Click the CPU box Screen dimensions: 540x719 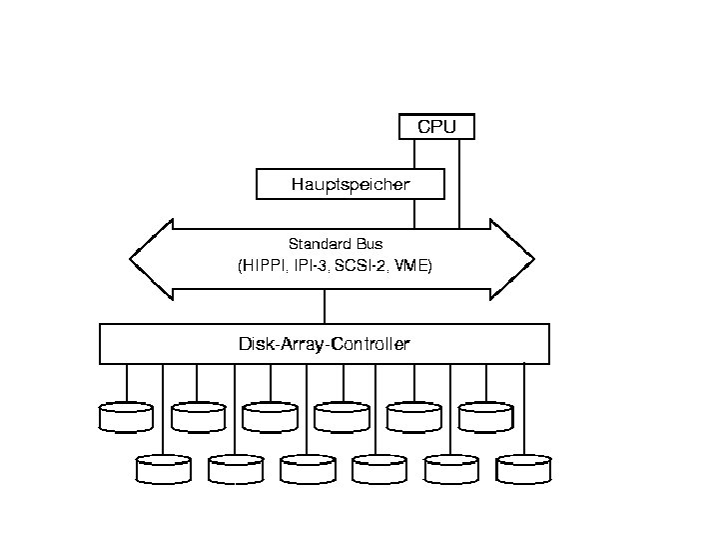pos(436,127)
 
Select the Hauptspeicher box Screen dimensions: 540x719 pos(350,185)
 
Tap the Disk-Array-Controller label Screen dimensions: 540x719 pos(324,344)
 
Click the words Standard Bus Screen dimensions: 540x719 pos(336,243)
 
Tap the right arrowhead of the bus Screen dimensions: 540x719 pos(513,259)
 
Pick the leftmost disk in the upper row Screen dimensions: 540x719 pos(126,416)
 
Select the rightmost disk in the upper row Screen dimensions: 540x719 pos(486,416)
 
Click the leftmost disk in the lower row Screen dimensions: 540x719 pos(163,468)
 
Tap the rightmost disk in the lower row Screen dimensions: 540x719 pos(523,468)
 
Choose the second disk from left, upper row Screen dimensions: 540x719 pos(198,416)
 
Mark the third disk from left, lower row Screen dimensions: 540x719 pos(308,468)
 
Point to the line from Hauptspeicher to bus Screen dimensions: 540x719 pos(415,212)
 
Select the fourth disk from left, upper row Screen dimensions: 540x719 pos(342,416)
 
